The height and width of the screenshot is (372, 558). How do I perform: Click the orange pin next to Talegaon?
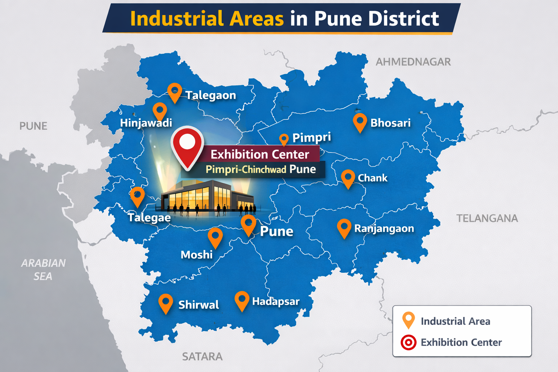(175, 92)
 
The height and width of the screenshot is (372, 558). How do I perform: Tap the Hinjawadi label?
(146, 123)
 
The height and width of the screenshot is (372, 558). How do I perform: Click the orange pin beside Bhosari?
(360, 122)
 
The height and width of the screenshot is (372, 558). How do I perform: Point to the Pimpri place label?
(312, 137)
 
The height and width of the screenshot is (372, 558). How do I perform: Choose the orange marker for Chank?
(348, 178)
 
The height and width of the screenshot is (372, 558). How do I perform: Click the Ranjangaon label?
(384, 229)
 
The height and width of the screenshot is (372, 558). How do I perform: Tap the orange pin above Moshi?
(215, 237)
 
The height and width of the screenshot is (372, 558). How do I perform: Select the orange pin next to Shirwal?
(166, 303)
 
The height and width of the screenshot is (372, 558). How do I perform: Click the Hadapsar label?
(276, 302)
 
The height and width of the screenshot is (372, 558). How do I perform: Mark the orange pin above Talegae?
(137, 196)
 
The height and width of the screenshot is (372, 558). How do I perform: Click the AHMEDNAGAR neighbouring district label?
(413, 62)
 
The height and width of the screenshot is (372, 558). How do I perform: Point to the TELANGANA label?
(487, 218)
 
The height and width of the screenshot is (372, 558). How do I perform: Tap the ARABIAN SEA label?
(43, 270)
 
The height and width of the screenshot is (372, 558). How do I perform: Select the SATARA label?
(202, 356)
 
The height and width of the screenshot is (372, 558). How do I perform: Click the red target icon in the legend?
(408, 342)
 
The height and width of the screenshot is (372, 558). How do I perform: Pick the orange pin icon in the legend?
(408, 320)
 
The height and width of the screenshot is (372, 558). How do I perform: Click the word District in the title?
(404, 19)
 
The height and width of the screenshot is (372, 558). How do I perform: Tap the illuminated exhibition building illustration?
(207, 198)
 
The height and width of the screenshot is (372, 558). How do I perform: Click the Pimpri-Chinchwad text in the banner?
(246, 170)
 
